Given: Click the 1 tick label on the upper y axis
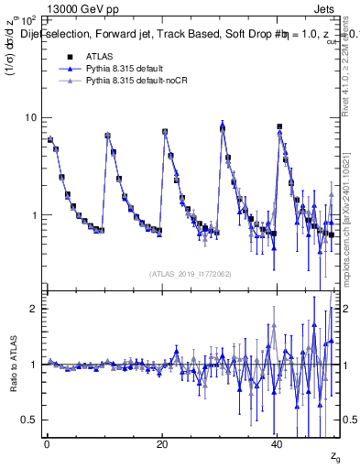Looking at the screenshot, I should click(34, 216).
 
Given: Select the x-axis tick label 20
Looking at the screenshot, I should click(162, 443).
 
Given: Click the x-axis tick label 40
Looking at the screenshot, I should click(278, 443).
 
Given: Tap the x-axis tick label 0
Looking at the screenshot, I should click(47, 443).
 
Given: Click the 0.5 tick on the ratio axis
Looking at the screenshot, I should click(29, 420).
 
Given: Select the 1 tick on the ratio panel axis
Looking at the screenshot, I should click(34, 365).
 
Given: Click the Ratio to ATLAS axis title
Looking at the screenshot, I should click(12, 364).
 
